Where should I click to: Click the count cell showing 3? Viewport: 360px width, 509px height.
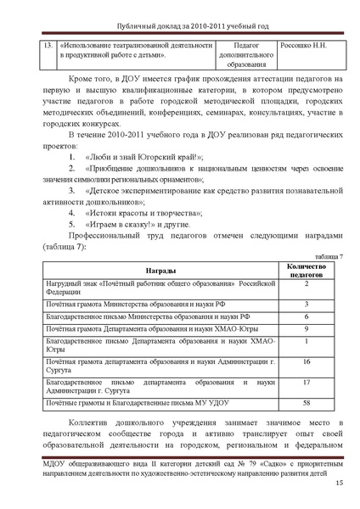[x=306, y=303]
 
